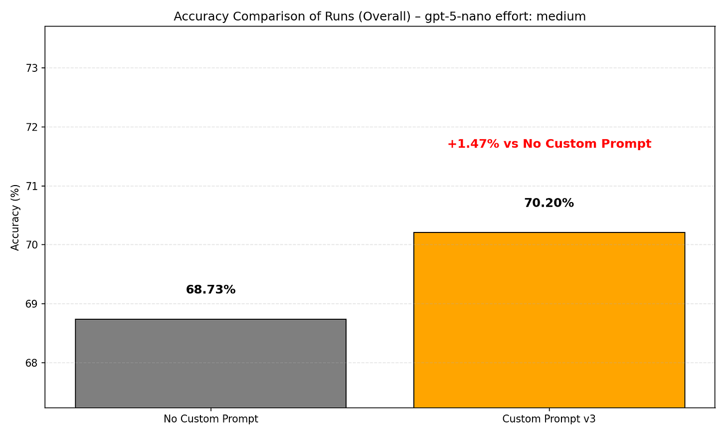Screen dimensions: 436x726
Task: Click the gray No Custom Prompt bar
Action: (x=210, y=363)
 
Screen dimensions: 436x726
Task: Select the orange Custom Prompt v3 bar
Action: (x=549, y=320)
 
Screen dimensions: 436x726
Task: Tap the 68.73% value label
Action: (x=210, y=290)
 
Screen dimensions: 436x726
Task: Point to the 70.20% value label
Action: (x=549, y=204)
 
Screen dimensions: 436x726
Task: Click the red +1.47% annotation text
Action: (x=549, y=144)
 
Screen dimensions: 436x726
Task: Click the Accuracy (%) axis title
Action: (x=15, y=217)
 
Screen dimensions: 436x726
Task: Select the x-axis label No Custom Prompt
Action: (x=210, y=419)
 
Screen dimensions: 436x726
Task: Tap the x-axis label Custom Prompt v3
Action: (x=549, y=419)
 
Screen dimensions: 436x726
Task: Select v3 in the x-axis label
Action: (x=589, y=419)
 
